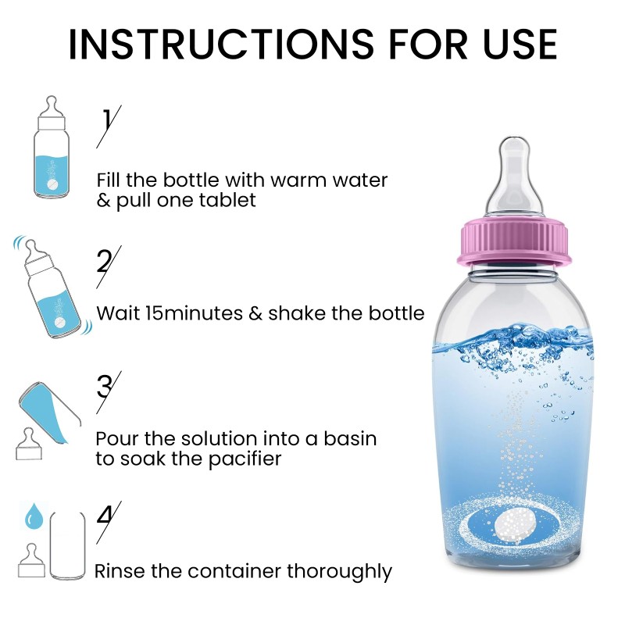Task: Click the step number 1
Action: [107, 121]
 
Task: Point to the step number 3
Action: [106, 386]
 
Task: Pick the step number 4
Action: [106, 516]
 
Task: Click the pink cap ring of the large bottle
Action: [514, 242]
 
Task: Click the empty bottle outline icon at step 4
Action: [67, 545]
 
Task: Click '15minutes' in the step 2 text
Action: [197, 313]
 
